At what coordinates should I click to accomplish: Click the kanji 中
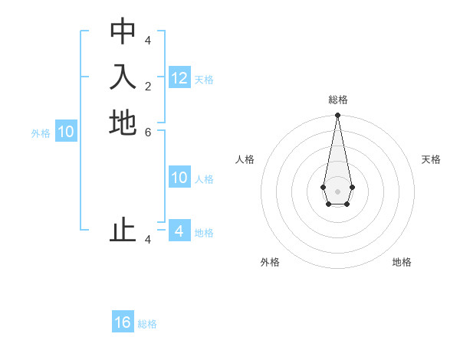tap(123, 31)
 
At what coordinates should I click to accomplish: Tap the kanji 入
tap(123, 77)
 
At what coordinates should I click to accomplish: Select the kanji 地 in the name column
tap(123, 123)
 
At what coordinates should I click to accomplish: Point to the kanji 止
tap(123, 231)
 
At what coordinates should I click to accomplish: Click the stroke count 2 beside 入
tap(148, 86)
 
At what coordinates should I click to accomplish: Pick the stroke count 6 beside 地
tap(148, 132)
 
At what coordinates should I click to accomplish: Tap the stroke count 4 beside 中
tap(148, 40)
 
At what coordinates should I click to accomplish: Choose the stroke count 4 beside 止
tap(148, 239)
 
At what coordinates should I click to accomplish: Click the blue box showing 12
tap(179, 78)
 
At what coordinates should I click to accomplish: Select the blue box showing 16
tap(123, 322)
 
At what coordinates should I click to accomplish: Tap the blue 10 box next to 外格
tap(66, 132)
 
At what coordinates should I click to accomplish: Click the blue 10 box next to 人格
tap(179, 178)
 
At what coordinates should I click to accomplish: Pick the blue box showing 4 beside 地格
tap(179, 231)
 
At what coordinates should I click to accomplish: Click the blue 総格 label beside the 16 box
tap(147, 324)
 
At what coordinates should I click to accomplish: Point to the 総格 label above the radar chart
tap(338, 100)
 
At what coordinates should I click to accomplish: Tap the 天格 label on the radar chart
tap(431, 159)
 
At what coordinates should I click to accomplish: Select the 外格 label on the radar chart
tap(270, 262)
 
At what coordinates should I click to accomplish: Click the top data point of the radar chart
tap(337, 116)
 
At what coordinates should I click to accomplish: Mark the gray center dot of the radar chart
tap(337, 191)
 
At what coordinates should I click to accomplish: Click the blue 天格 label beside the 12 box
tap(204, 80)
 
